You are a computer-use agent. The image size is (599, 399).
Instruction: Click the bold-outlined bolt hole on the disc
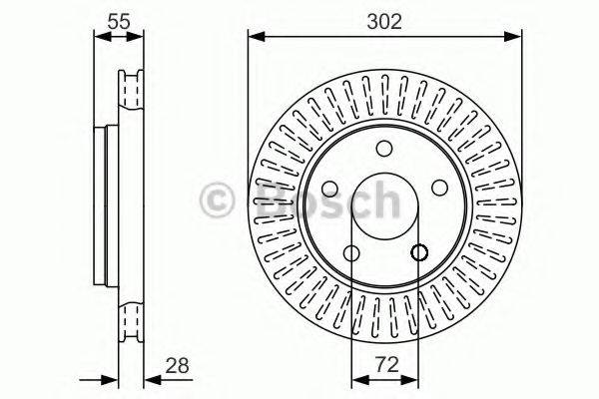(x=418, y=253)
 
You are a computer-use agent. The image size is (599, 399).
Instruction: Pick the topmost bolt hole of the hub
(x=384, y=149)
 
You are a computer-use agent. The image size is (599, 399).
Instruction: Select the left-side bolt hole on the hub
(x=329, y=189)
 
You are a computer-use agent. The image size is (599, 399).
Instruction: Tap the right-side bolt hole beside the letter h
(x=439, y=189)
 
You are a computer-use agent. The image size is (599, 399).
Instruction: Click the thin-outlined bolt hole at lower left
(x=351, y=253)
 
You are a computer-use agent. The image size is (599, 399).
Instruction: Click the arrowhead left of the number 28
(x=150, y=379)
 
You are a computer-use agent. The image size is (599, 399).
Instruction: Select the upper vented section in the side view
(x=127, y=92)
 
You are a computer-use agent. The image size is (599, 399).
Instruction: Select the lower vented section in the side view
(x=127, y=319)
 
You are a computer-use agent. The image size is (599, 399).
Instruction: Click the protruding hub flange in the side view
(x=101, y=203)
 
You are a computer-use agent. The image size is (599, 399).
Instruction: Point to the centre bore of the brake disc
(x=384, y=204)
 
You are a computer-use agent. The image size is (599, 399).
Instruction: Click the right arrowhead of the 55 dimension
(x=138, y=38)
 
